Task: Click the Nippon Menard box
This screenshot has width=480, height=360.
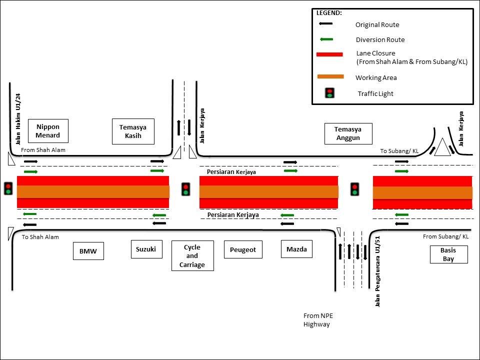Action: pyautogui.click(x=48, y=131)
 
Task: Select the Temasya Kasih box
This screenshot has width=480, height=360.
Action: pyautogui.click(x=133, y=131)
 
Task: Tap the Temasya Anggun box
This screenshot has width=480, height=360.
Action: pyautogui.click(x=348, y=133)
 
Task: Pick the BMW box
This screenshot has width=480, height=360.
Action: pyautogui.click(x=88, y=251)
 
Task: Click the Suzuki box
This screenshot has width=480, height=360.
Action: pyautogui.click(x=146, y=249)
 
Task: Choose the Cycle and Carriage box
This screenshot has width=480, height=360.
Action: pyautogui.click(x=192, y=256)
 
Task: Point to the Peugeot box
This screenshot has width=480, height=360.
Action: pyautogui.click(x=243, y=249)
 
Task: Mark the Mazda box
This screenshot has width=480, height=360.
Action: pyautogui.click(x=296, y=249)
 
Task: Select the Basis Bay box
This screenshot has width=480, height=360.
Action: pyautogui.click(x=448, y=254)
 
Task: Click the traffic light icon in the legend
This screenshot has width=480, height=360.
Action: pyautogui.click(x=330, y=93)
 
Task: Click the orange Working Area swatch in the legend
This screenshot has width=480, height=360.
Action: pyautogui.click(x=330, y=76)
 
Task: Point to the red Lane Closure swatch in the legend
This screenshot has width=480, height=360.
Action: pyautogui.click(x=329, y=54)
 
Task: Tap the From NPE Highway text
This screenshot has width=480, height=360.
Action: pyautogui.click(x=318, y=320)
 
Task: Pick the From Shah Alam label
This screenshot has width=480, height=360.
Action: pyautogui.click(x=43, y=150)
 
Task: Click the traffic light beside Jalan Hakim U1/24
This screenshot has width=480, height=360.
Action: pyautogui.click(x=8, y=188)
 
